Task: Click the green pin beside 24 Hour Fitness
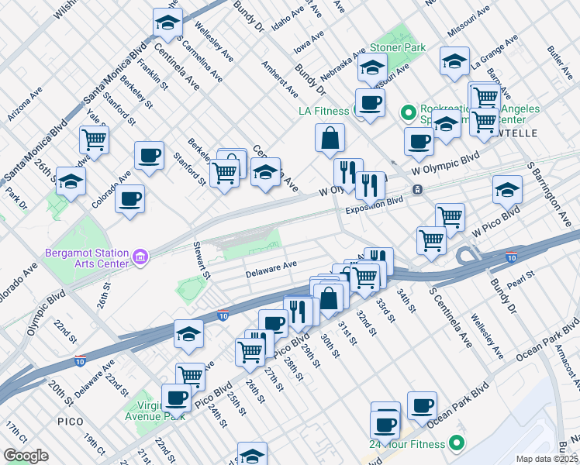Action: pos(457,443)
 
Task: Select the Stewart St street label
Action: pos(202,259)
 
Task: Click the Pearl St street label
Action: pos(529,275)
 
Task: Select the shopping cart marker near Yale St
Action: pos(94,140)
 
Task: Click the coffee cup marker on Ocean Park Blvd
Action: pos(422,405)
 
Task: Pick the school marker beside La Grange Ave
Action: pos(454,63)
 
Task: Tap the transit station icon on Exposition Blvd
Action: pos(417,190)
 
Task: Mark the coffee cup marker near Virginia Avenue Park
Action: pos(176,398)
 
